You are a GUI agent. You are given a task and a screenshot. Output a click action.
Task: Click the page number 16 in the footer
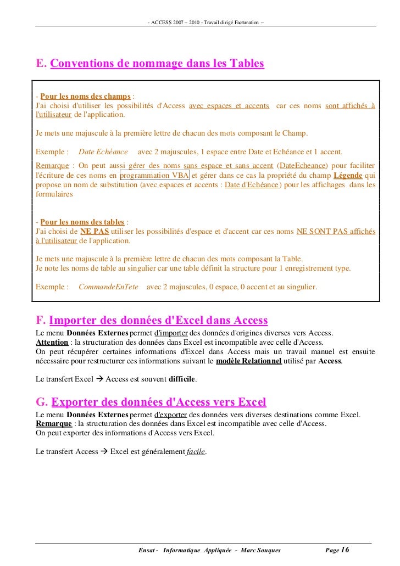click(345, 550)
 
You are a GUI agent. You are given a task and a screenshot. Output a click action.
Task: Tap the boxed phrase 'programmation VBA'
click(154, 175)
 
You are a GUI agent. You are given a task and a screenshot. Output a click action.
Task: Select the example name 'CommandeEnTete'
click(108, 287)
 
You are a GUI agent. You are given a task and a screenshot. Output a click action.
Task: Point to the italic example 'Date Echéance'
click(103, 151)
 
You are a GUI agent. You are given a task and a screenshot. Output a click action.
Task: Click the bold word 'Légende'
click(347, 175)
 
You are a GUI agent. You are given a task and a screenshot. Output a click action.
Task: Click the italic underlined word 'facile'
click(196, 451)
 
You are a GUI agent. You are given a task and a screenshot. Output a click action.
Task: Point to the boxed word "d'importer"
click(170, 333)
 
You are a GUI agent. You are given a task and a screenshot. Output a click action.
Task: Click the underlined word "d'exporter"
click(170, 414)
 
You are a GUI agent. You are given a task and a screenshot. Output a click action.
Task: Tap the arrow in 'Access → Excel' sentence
click(103, 451)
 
